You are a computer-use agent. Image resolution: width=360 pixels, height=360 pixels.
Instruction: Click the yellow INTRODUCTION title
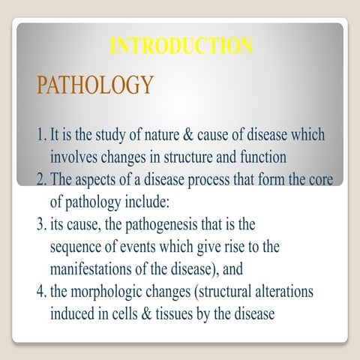coord(181,46)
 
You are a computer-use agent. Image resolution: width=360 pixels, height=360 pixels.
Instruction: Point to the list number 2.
coord(40,180)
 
